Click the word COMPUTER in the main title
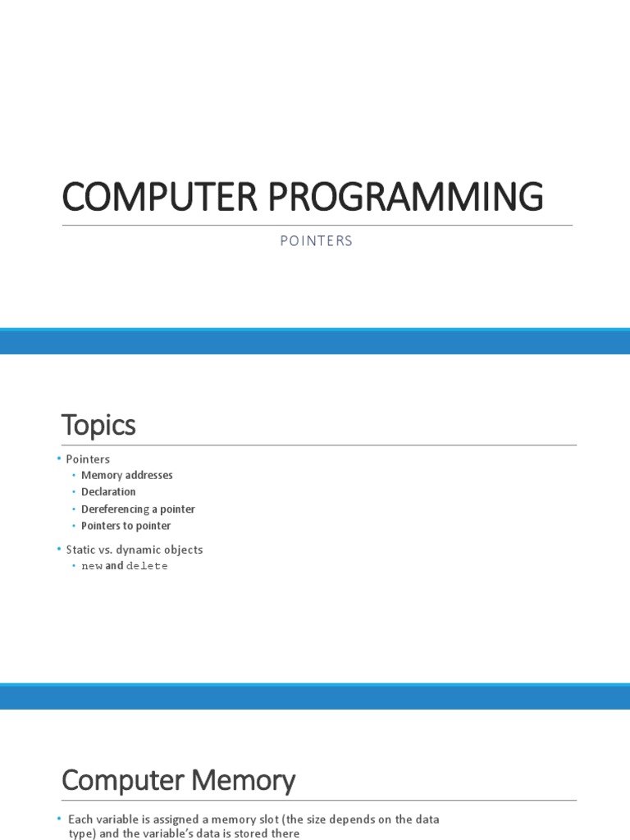coord(148,198)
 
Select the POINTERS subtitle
coord(315,241)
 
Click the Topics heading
coord(98,425)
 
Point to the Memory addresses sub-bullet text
coord(127,475)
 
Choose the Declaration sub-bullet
coord(108,492)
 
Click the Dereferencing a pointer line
coord(138,509)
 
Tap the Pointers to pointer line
coord(126,526)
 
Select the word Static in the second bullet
coord(80,550)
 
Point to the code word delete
coord(147,566)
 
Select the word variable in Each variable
coord(116,819)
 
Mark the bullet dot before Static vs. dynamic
coord(59,549)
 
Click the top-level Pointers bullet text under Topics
coord(88,459)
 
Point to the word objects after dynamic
coord(184,550)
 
